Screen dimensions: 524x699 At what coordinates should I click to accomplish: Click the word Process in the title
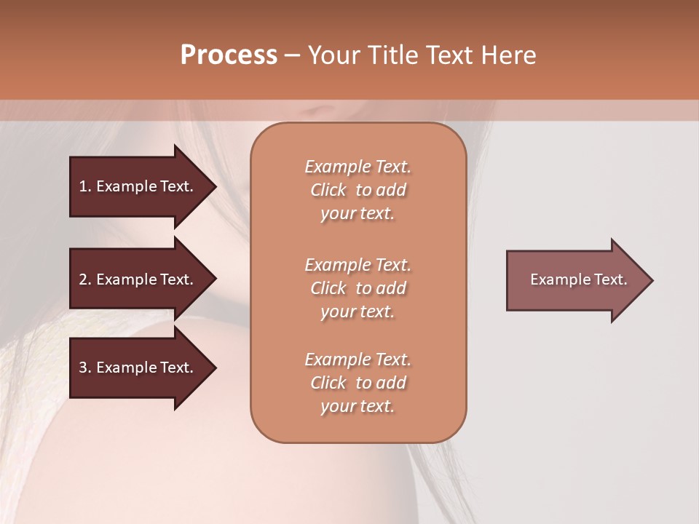coord(229,55)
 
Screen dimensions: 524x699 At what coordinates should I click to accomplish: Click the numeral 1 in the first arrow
coord(83,186)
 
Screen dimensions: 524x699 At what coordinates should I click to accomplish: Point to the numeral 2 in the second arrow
coord(83,279)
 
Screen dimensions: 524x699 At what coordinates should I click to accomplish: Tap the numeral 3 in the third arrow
coord(83,368)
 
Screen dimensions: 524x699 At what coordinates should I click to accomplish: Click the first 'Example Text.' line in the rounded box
coord(358,167)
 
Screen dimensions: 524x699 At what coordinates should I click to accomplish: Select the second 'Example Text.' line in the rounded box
coord(358,265)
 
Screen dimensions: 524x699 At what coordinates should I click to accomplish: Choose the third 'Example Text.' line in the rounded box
coord(358,360)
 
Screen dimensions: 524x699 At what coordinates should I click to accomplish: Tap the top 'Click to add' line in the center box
coord(358,190)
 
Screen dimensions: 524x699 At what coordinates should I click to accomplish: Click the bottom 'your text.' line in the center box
coord(358,406)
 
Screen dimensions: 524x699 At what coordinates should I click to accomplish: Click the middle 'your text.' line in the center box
coord(358,311)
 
